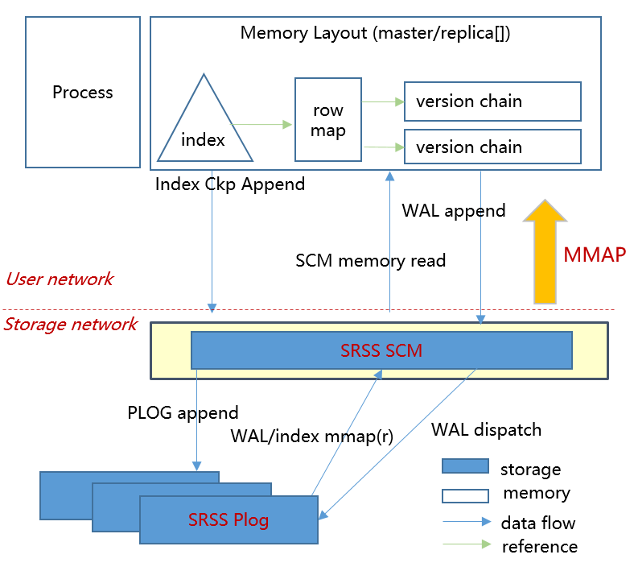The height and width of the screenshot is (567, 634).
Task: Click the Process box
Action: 82,92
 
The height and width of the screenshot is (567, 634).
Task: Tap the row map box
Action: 327,119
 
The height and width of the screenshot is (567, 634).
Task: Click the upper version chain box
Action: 492,101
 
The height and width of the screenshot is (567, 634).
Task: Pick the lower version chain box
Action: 492,147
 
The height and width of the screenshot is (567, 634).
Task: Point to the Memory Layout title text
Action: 375,34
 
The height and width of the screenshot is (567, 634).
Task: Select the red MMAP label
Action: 595,255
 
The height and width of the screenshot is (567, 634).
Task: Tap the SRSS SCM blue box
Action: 381,350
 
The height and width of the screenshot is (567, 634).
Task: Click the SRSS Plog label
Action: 228,519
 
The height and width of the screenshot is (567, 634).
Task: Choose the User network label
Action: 60,279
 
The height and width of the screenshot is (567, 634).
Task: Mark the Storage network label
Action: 70,325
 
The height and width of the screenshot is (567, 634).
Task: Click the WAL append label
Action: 454,211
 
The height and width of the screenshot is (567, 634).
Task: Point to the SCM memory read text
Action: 370,260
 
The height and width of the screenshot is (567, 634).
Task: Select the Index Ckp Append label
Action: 230,184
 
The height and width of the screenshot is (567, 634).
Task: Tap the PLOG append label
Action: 183,413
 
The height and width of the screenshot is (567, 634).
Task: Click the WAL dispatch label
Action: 486,429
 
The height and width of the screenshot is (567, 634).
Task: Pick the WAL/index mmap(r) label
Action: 311,437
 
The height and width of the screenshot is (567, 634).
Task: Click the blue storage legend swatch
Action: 464,466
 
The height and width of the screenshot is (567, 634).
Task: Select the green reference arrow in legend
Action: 466,545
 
